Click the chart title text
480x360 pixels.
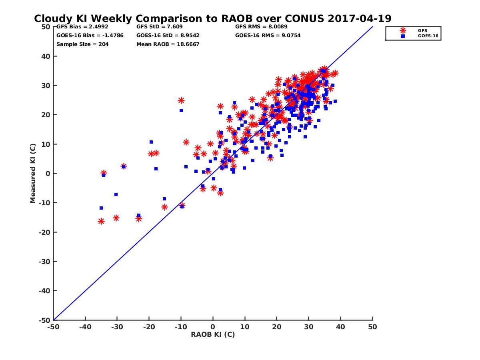coord(212,19)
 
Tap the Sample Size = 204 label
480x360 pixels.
coord(82,44)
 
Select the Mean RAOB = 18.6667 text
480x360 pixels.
coord(168,44)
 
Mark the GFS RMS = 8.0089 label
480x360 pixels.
coord(261,27)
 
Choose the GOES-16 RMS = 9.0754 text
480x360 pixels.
coord(268,35)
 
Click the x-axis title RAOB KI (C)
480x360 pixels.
coord(213,334)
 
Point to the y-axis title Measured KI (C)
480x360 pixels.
coord(33,174)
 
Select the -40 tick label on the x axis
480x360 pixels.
coord(85,327)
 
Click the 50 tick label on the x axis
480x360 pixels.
coord(372,327)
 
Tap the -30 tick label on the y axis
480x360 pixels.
coord(44,262)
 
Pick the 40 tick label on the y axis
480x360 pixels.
coord(46,56)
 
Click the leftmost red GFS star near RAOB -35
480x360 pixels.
coord(101,221)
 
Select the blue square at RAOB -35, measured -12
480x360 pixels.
coord(101,208)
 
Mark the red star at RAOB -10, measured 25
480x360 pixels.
coord(181,100)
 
